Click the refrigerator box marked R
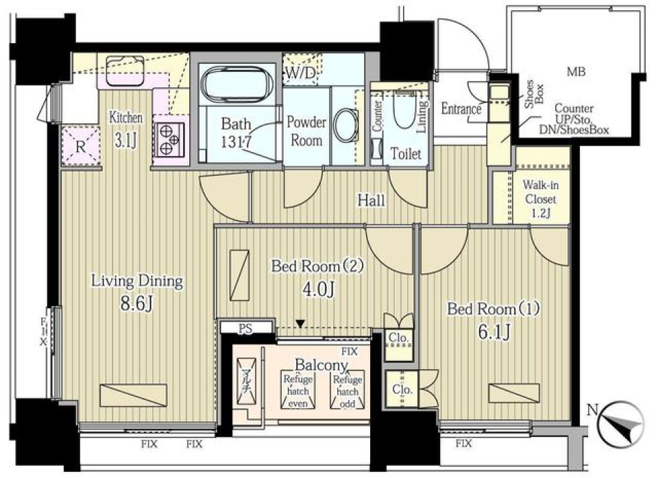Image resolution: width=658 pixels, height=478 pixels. [x=80, y=145]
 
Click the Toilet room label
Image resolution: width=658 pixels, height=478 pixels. [x=405, y=154]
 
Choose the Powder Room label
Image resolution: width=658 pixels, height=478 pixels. [x=306, y=130]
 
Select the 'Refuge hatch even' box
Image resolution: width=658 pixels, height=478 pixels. [x=297, y=391]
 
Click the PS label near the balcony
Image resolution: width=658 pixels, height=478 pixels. [x=245, y=328]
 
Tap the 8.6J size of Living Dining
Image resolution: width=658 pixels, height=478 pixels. [x=136, y=301]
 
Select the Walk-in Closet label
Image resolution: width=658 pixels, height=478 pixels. [x=540, y=199]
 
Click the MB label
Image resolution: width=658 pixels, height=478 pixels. [x=576, y=71]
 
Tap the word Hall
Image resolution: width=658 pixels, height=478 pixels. [x=370, y=201]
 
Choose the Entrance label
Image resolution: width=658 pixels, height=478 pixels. [x=461, y=108]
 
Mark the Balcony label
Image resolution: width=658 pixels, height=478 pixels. [x=322, y=364]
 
